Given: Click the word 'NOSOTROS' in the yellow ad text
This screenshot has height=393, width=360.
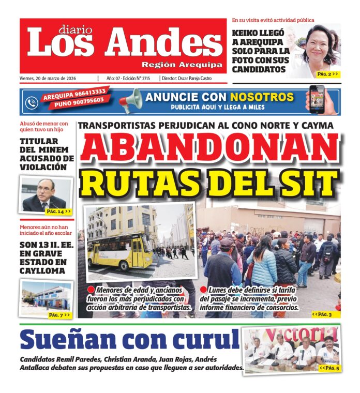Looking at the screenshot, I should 262,97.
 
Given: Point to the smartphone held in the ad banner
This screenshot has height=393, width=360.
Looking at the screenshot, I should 317,99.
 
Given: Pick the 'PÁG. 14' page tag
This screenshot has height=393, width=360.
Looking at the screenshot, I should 58,211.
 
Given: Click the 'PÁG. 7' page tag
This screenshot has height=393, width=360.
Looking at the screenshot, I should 58,314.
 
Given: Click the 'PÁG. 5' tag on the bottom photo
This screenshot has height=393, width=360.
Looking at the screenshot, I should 329,368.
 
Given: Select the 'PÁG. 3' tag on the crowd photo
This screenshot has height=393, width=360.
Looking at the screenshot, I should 322,314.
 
